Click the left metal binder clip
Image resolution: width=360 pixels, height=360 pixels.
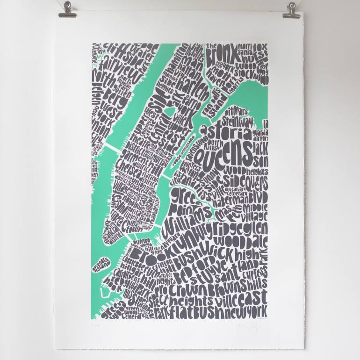pos(68,9)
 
